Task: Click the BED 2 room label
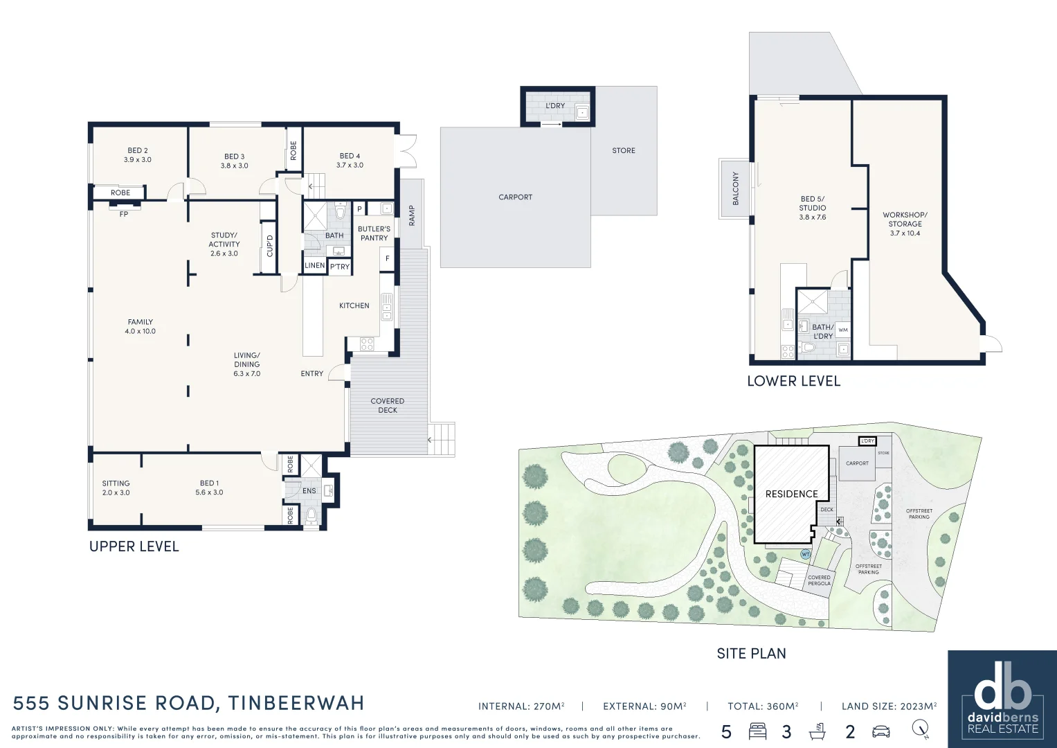(138, 155)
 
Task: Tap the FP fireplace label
(124, 215)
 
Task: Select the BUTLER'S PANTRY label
(374, 233)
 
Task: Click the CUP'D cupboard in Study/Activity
(269, 246)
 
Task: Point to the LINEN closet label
(315, 265)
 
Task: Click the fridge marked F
(388, 258)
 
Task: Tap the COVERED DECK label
(388, 406)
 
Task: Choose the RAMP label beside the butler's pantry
(412, 215)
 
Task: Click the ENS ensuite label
(309, 491)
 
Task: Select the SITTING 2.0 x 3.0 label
(116, 488)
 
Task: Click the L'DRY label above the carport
(555, 106)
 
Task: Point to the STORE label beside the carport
(624, 151)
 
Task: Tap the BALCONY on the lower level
(734, 189)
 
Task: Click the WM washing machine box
(843, 330)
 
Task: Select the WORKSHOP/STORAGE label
(905, 224)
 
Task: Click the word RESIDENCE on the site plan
(791, 494)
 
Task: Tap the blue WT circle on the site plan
(806, 554)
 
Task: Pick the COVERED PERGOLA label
(819, 580)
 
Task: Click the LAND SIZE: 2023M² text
(889, 706)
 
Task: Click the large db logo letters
(1002, 693)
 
